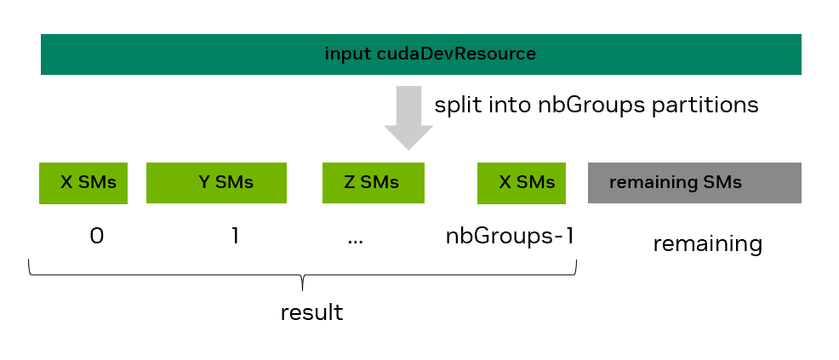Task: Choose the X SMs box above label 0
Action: pos(83,183)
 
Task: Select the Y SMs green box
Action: pos(215,183)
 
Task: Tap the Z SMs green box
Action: pos(373,183)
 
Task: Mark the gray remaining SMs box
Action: pos(693,183)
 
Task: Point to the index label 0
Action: pos(96,236)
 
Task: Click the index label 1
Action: pos(235,236)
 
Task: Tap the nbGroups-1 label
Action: pos(510,236)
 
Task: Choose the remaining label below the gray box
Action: pos(707,244)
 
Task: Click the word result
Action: pos(311,312)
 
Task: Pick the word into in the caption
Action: pos(510,105)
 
